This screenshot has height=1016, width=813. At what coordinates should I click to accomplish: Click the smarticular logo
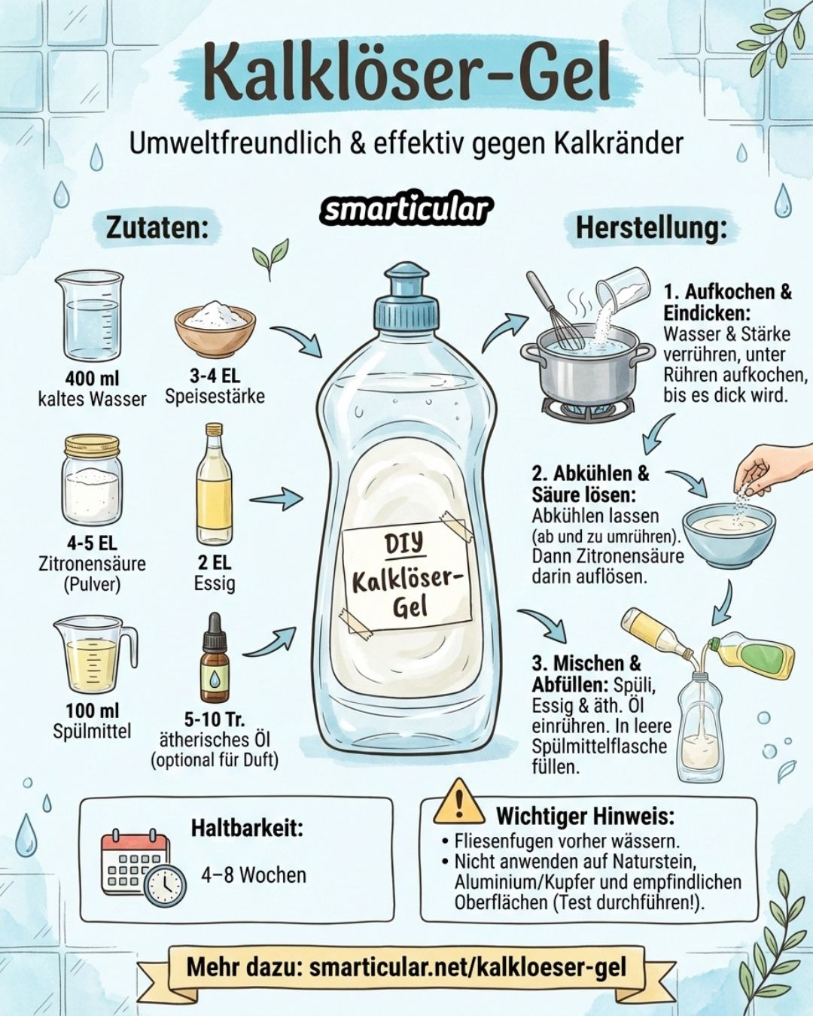pyautogui.click(x=406, y=210)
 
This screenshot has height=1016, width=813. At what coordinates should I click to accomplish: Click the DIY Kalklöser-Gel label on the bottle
pyautogui.click(x=406, y=576)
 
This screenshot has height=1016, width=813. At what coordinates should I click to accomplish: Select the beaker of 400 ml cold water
pyautogui.click(x=90, y=316)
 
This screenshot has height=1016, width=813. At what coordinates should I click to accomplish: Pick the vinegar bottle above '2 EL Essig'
pyautogui.click(x=215, y=485)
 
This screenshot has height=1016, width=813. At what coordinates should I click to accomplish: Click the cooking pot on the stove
pyautogui.click(x=587, y=369)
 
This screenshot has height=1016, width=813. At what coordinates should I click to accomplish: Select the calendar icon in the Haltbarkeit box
pyautogui.click(x=135, y=865)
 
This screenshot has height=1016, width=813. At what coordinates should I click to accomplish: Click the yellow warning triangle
pyautogui.click(x=459, y=803)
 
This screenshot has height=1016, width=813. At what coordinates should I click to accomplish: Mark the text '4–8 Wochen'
pyautogui.click(x=254, y=875)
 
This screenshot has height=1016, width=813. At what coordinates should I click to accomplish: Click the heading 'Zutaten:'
pyautogui.click(x=157, y=227)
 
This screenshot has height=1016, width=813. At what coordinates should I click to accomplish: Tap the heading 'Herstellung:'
pyautogui.click(x=652, y=227)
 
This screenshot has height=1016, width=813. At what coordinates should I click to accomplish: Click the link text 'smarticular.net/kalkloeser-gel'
pyautogui.click(x=467, y=967)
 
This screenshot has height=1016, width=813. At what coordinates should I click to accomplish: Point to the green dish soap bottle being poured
pyautogui.click(x=753, y=655)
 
